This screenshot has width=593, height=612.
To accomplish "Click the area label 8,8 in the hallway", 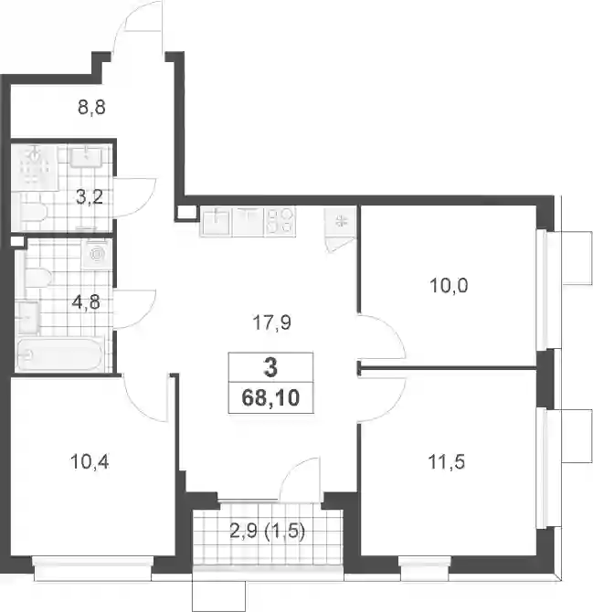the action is coord(91,107).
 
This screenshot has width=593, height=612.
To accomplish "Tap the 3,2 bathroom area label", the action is coord(90,197).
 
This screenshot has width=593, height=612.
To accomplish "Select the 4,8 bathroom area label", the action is coord(86,302).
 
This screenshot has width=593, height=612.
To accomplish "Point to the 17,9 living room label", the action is coord(271,323).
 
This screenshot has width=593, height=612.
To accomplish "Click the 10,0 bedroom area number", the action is coord(449,286).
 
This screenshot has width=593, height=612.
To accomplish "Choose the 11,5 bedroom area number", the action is coord(447,462).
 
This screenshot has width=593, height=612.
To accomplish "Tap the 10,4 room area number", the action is coord(90,462).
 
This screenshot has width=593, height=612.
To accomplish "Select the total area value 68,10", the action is coord(270,398).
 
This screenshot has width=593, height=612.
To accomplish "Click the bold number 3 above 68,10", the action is coord(270,368).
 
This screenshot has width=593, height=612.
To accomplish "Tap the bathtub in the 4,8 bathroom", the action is coord(59,354).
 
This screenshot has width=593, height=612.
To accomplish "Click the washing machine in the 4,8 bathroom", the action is coord(97,254).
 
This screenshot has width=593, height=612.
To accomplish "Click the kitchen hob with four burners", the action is coord(280,222).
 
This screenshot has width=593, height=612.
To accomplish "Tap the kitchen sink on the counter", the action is coord(216,222).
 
